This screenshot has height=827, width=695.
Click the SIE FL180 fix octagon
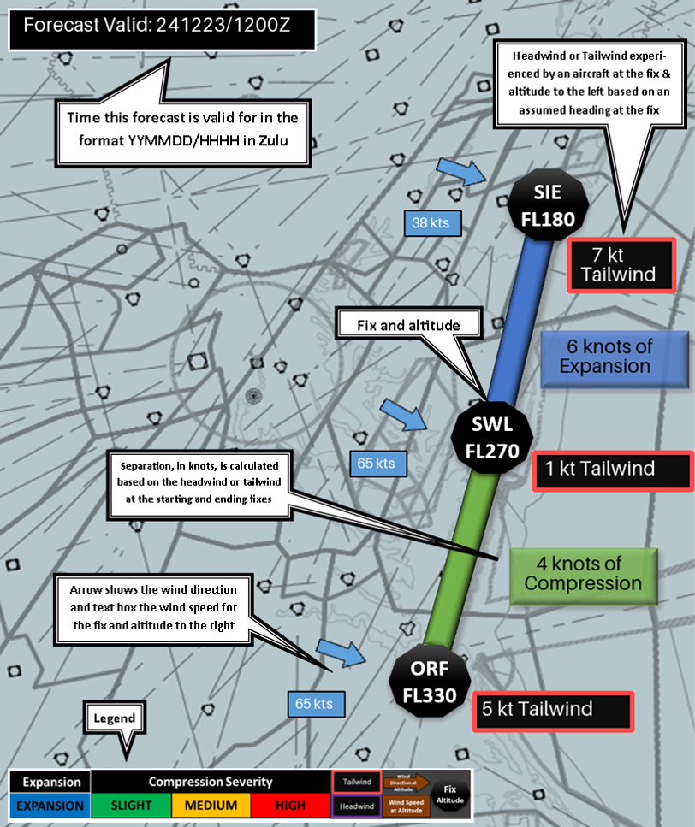click(x=548, y=206)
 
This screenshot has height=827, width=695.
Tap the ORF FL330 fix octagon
click(x=429, y=681)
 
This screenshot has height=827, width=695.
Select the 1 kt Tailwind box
click(x=611, y=469)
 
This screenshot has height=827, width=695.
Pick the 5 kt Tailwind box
click(x=552, y=709)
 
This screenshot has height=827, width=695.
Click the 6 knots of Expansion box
click(x=615, y=355)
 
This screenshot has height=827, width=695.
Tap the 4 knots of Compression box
click(x=583, y=573)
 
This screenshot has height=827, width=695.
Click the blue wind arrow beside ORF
click(x=341, y=653)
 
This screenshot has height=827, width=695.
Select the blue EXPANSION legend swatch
click(x=50, y=805)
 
